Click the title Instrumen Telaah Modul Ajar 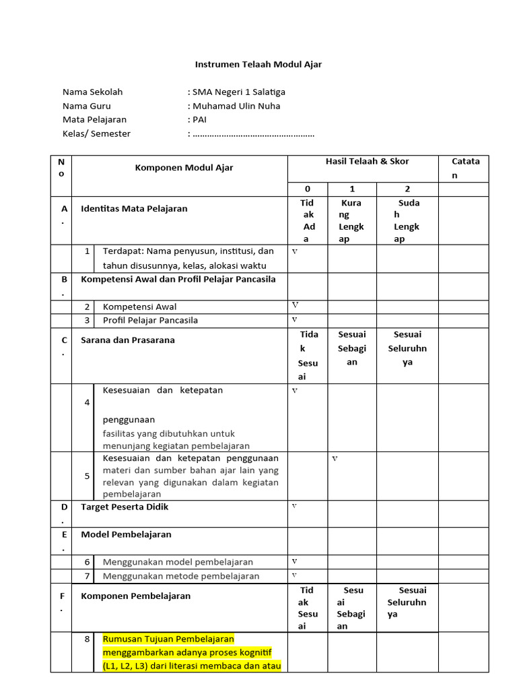[x=258, y=65]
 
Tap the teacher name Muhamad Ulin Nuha [x=236, y=106]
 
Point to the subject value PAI [x=199, y=119]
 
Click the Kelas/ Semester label [x=96, y=133]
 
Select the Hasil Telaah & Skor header [x=367, y=162]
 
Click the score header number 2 [x=407, y=189]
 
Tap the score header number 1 [x=352, y=189]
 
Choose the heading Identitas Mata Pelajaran [x=134, y=208]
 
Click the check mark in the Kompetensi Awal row [x=295, y=305]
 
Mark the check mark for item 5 [x=335, y=459]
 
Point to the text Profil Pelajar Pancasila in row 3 [x=150, y=320]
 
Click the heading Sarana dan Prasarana [x=127, y=340]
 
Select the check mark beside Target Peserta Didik [x=294, y=505]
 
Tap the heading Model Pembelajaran [x=126, y=534]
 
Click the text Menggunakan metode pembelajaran [x=180, y=576]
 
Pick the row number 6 [x=87, y=562]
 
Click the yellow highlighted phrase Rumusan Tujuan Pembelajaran [x=168, y=639]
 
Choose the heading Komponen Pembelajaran [x=135, y=596]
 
